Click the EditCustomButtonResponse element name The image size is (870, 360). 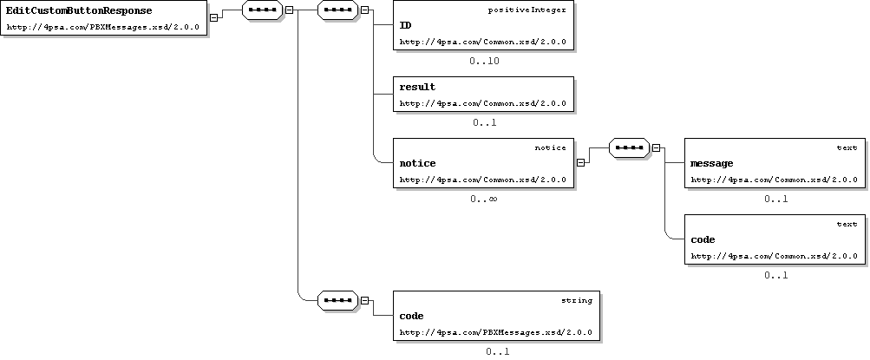tap(79, 10)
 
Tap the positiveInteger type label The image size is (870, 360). tap(527, 10)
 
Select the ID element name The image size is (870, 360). tap(406, 25)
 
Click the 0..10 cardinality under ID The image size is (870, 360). tap(484, 61)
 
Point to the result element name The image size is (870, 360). tap(417, 87)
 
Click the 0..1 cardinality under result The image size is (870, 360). tap(484, 122)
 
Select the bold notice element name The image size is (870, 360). tap(417, 163)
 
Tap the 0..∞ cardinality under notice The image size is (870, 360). tap(483, 199)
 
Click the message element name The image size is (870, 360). tap(712, 164)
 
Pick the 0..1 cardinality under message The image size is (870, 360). tap(775, 200)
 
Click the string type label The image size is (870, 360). tap(577, 300)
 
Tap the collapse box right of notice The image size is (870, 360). tap(580, 163)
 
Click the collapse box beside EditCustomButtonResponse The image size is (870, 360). tap(213, 17)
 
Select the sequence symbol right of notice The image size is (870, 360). tap(629, 148)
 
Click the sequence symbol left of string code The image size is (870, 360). tap(338, 301)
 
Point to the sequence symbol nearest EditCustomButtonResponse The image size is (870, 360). tap(263, 10)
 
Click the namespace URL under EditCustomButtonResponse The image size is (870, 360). tap(102, 27)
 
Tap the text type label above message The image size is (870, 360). tap(847, 147)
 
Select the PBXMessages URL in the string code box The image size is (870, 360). tap(495, 333)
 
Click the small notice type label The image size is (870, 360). tap(551, 147)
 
